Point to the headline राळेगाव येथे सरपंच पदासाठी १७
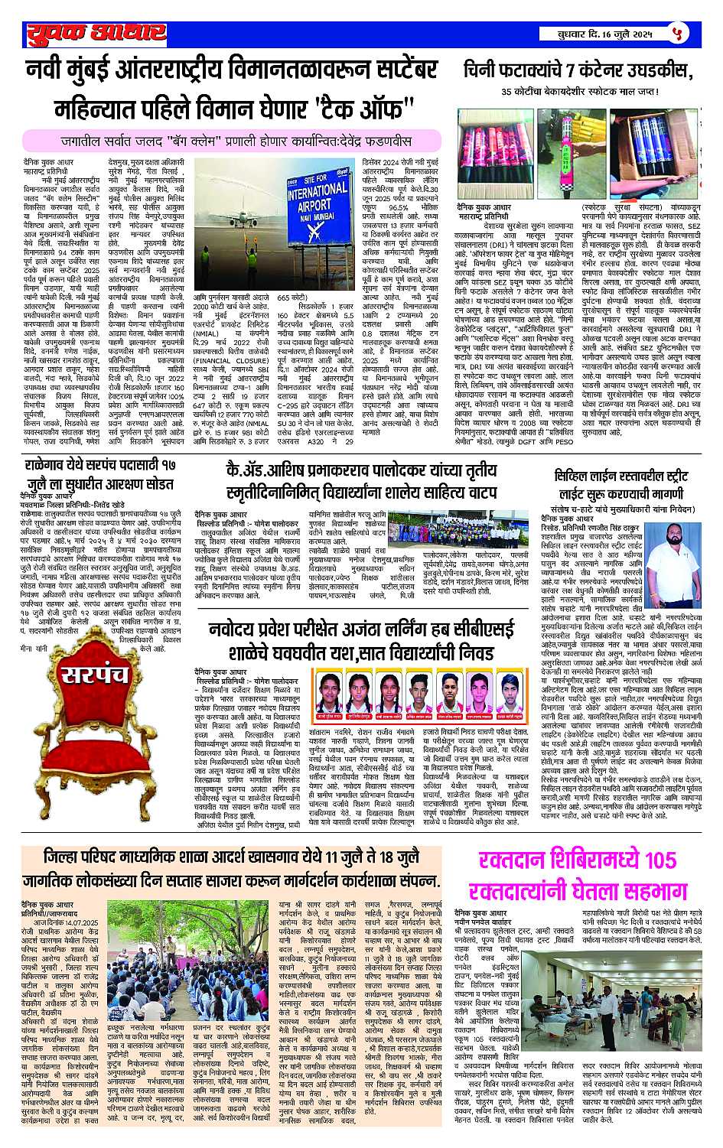(99, 466)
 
